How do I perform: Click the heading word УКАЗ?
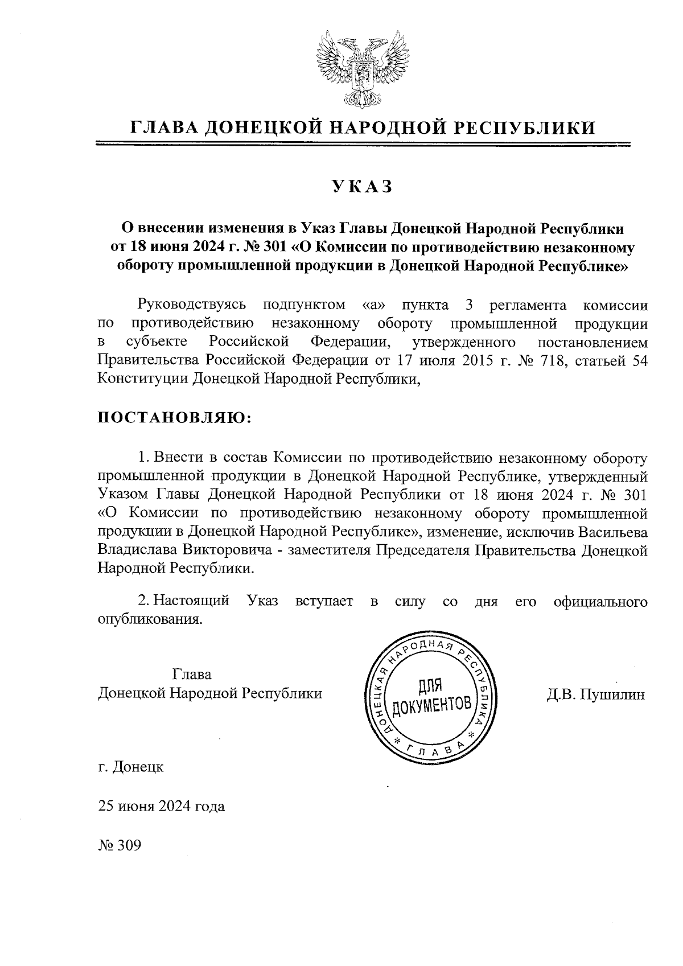pyautogui.click(x=363, y=187)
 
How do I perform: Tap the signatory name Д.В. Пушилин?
pyautogui.click(x=595, y=694)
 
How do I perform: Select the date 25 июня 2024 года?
pyautogui.click(x=162, y=806)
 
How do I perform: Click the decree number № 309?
pyautogui.click(x=120, y=845)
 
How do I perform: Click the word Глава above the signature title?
pyautogui.click(x=192, y=675)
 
